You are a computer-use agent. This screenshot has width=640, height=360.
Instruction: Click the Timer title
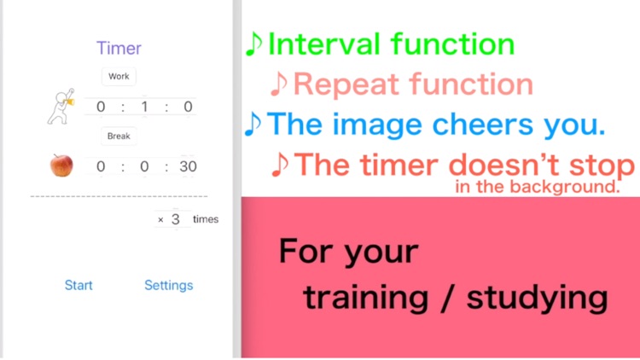tap(119, 48)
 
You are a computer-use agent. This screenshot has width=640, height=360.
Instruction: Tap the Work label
tap(119, 77)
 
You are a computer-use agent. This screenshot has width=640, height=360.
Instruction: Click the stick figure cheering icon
tap(61, 107)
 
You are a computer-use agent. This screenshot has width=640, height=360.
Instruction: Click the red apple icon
tap(61, 165)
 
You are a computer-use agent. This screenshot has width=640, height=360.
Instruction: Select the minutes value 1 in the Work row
tap(144, 107)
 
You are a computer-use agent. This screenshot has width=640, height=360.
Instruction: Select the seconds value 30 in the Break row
tap(188, 166)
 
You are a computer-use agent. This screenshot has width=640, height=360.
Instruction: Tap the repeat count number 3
tap(176, 219)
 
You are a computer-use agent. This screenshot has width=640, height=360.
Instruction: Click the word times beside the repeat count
tap(206, 219)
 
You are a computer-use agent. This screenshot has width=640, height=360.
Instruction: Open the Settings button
tap(168, 285)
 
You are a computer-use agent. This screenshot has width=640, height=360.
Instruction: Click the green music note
tap(253, 44)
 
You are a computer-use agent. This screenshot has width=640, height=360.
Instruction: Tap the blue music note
tap(253, 125)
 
